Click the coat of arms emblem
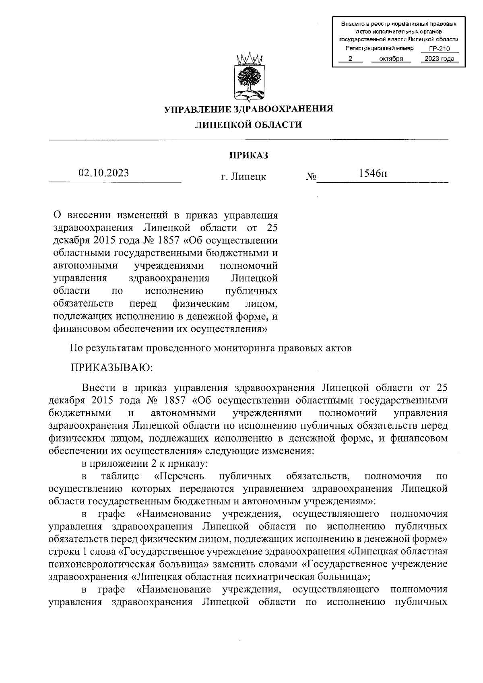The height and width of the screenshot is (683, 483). pyautogui.click(x=248, y=76)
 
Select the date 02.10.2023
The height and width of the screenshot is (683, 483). pyautogui.click(x=104, y=173)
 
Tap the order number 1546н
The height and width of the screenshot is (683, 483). pyautogui.click(x=373, y=174)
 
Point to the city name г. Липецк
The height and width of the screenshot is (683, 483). pyautogui.click(x=244, y=177)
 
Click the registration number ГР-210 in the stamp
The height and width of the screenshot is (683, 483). pyautogui.click(x=439, y=49)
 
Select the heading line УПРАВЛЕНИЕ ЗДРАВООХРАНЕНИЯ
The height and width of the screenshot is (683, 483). pyautogui.click(x=248, y=109)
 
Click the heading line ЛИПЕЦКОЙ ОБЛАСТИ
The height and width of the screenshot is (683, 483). pyautogui.click(x=248, y=125)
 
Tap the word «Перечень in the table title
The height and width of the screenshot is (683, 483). pyautogui.click(x=179, y=477)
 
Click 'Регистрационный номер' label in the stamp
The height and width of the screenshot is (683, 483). pyautogui.click(x=380, y=48)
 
